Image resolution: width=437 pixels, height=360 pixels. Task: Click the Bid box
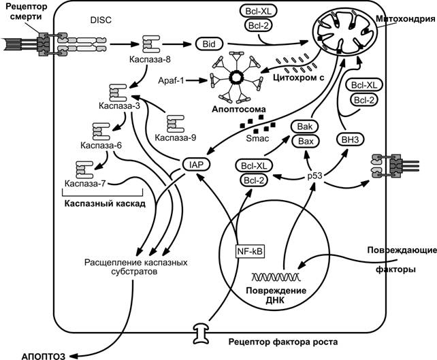click(208, 44)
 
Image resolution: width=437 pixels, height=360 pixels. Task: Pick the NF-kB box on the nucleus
click(250, 252)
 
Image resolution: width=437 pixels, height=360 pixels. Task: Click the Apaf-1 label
click(174, 80)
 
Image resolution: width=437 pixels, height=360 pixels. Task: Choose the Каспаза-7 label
click(86, 183)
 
